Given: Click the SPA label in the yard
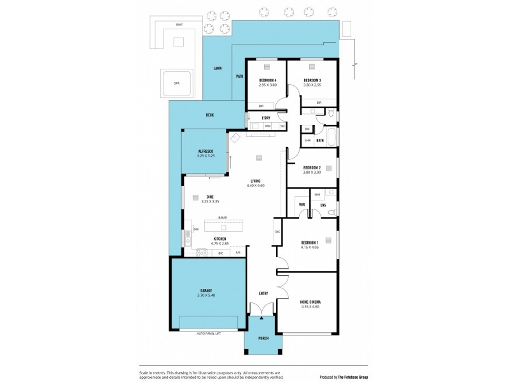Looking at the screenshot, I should point(176,83).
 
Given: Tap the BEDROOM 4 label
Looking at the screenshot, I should point(268,80).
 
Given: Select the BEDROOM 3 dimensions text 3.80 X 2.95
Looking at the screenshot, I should point(312,85).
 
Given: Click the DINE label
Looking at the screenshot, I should point(209,196).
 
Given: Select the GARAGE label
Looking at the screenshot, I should point(207,290).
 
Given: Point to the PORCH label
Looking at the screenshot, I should point(263,338).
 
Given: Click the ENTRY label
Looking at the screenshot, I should point(263,294).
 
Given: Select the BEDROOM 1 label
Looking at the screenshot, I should point(312,243).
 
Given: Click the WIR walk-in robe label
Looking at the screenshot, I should point(302,205).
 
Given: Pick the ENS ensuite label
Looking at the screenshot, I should point(323,205).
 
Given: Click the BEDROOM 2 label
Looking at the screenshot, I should point(312,167).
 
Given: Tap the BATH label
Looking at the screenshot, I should point(320,141).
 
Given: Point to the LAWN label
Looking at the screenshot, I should point(218,67).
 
